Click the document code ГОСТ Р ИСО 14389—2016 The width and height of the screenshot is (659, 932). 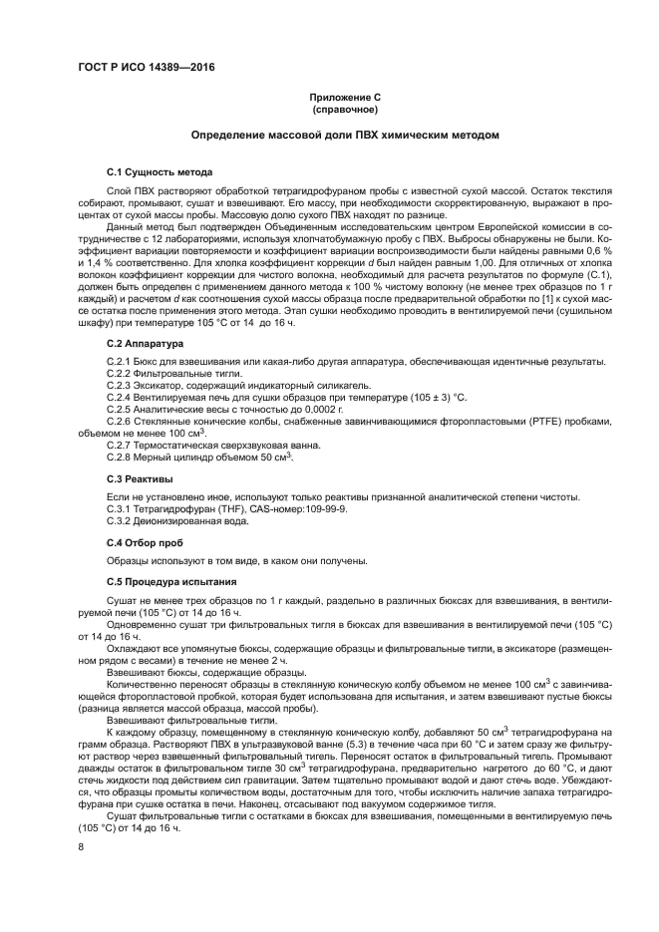coord(147,67)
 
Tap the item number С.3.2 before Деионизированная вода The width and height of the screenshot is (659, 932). coord(119,520)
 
